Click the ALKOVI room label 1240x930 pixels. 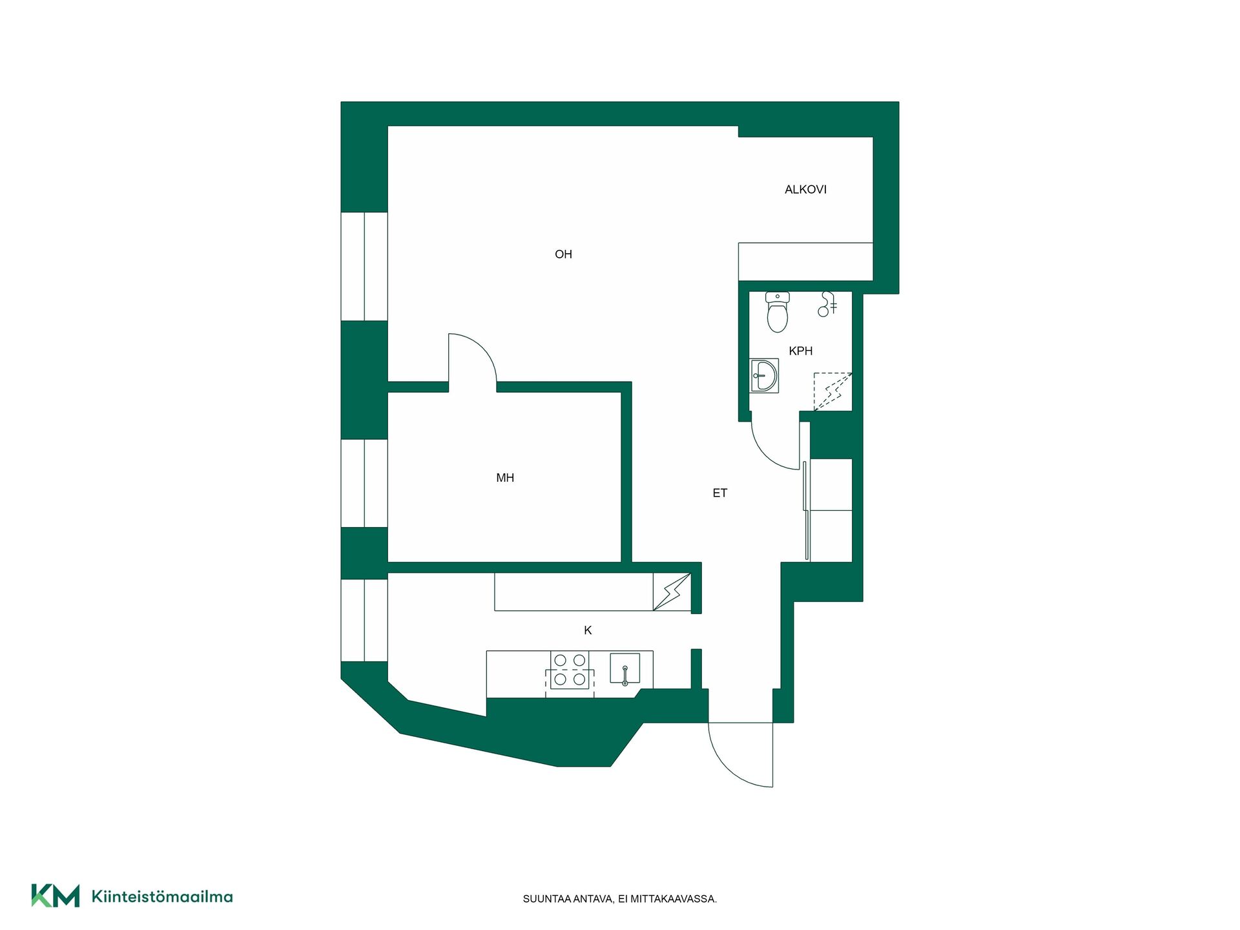805,189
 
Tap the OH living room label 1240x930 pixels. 563,254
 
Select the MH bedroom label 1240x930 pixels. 505,478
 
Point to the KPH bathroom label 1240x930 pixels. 801,351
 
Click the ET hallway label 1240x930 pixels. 720,493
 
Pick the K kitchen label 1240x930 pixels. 588,630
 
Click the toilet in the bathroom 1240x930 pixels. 778,312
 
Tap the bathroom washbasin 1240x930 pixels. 764,375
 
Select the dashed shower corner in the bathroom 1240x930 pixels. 832,391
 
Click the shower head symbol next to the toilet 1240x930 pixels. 827,304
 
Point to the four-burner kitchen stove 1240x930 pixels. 570,670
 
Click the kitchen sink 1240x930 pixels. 625,668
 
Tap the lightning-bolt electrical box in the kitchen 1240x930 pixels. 672,592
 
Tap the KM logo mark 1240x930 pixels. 56,896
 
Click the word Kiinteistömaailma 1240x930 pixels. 162,896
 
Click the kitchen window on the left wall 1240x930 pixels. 364,621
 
